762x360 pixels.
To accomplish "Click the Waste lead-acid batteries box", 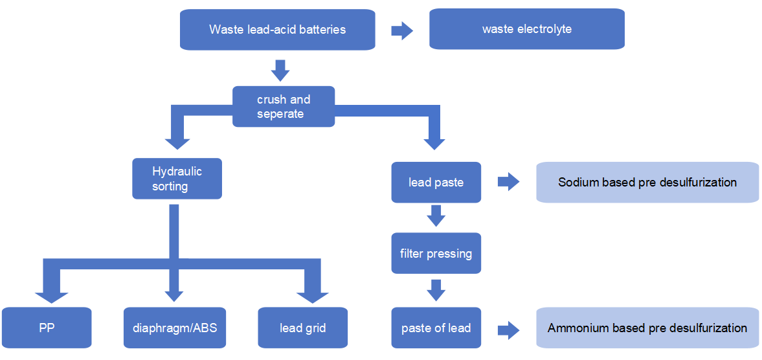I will [x=277, y=29].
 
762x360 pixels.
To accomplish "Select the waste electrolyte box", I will [x=527, y=29].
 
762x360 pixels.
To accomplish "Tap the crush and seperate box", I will [x=284, y=106].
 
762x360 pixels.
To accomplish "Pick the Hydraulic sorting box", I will [x=177, y=179].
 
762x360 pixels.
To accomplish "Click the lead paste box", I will [x=436, y=182].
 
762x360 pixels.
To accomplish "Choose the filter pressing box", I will [x=436, y=253].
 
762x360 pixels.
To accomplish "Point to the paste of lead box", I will [x=436, y=328].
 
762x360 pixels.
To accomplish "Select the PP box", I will [x=46, y=328].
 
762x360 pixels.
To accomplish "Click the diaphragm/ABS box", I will [x=170, y=328].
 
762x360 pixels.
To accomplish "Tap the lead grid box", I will [x=302, y=328].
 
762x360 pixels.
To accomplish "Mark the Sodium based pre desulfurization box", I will [x=647, y=182].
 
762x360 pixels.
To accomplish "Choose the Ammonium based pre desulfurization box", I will [x=647, y=328].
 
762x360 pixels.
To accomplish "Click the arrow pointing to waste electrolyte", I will [x=402, y=30].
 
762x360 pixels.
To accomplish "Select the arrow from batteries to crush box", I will [x=280, y=70].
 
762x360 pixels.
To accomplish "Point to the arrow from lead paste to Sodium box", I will [x=508, y=182].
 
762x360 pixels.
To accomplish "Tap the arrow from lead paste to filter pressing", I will [x=436, y=216].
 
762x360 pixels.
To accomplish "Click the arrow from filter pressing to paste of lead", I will [x=436, y=290].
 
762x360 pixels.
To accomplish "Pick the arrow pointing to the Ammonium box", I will [x=508, y=328].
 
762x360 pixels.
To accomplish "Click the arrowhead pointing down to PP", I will [x=51, y=295].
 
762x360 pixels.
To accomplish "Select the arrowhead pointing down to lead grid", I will [x=313, y=295].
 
